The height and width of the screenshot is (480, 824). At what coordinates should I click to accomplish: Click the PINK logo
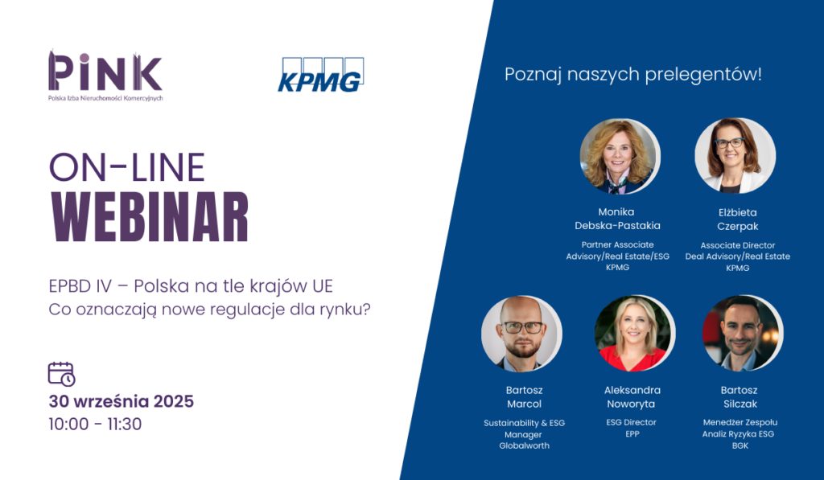105,76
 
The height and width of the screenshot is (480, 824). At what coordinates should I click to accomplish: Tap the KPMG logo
320,75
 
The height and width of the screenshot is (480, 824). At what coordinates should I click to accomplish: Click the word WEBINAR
150,217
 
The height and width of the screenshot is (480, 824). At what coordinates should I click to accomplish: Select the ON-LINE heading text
126,167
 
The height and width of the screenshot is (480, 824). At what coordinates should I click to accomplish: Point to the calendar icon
61,374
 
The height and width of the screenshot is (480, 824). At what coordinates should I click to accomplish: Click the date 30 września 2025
122,401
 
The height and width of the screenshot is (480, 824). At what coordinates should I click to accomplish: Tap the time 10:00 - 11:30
95,425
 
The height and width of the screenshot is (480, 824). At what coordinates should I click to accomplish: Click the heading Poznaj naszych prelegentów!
632,74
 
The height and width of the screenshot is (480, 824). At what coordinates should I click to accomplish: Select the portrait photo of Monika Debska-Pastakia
620,157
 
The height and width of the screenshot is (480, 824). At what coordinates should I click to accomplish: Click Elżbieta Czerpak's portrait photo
735,155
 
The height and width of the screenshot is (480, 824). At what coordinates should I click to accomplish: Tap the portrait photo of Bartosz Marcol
521,334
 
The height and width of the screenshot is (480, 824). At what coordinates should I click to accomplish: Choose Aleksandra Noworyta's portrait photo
634,334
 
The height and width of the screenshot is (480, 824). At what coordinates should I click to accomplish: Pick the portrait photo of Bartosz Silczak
743,334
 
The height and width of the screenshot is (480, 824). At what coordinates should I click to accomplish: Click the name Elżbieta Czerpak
738,219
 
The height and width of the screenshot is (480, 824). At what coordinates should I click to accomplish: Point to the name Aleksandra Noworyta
632,397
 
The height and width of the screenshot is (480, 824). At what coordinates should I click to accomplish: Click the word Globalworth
524,446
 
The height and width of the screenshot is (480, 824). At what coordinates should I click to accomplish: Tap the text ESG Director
631,422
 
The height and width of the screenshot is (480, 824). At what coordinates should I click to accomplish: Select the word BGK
740,446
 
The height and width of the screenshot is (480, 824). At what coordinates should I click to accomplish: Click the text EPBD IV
80,286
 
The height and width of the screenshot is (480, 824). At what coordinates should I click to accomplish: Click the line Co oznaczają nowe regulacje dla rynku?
210,310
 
